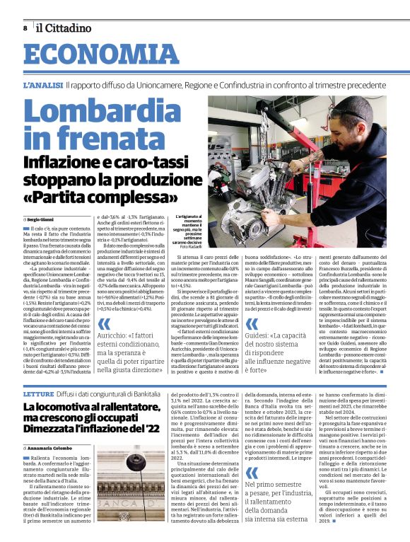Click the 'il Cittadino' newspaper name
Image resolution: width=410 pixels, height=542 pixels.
(x=64, y=28)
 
